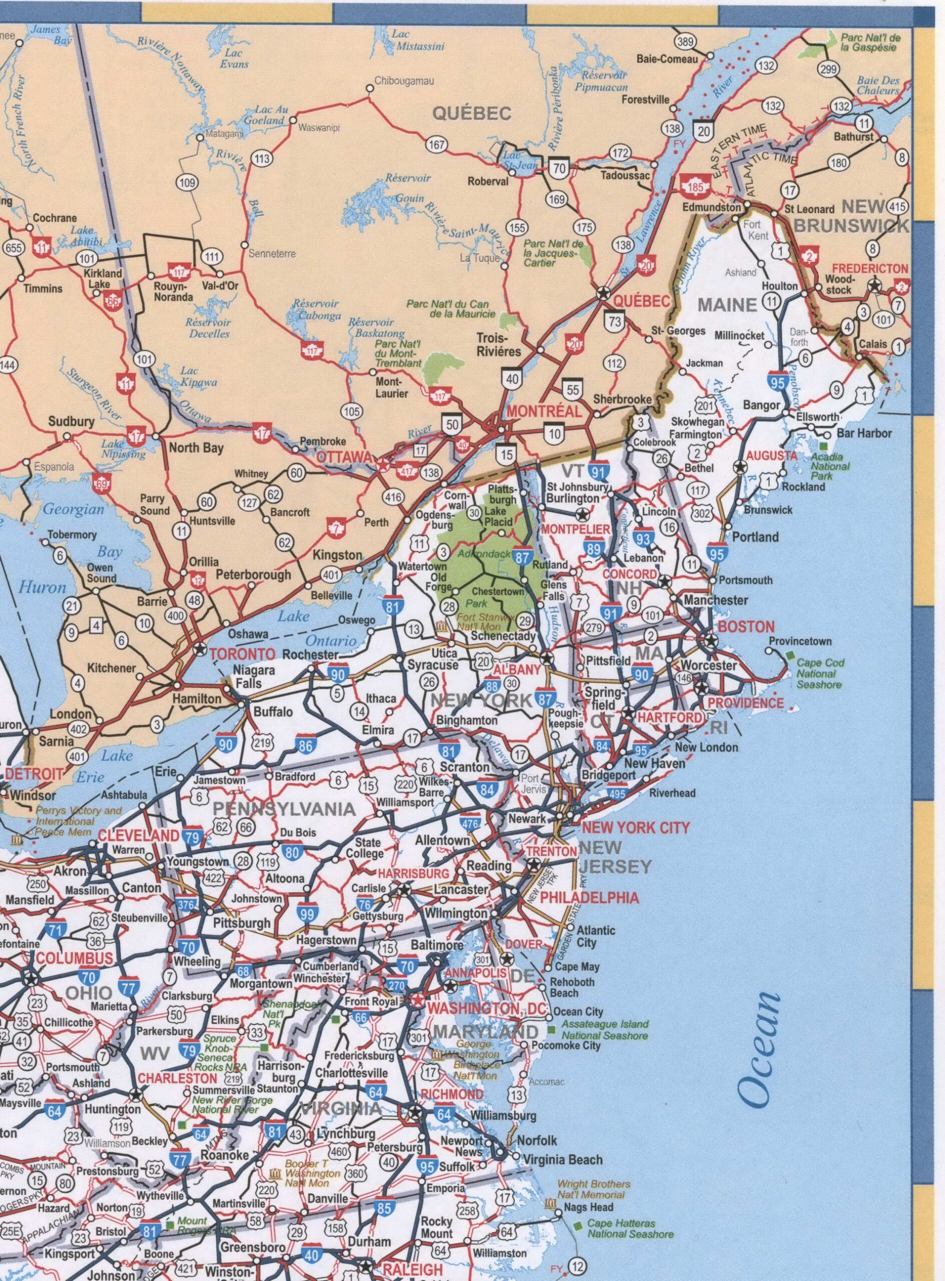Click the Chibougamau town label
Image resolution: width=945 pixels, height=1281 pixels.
[x=404, y=81]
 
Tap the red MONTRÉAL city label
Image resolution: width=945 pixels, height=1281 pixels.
[x=544, y=411]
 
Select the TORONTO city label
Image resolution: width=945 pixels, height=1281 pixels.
[x=243, y=653]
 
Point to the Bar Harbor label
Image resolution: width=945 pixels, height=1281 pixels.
[x=864, y=433]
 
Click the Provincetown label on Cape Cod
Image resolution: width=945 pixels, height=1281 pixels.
[x=800, y=641]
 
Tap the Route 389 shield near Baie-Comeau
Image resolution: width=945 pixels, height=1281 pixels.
[x=686, y=41]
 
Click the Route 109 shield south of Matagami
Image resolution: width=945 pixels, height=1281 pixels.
[x=188, y=184]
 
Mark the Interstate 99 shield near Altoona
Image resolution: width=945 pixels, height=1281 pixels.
[x=308, y=914]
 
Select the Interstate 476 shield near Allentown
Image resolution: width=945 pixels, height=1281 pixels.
[x=470, y=822]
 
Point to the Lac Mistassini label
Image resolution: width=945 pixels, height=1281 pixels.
[x=409, y=40]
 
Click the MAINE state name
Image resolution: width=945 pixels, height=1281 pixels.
[x=726, y=305]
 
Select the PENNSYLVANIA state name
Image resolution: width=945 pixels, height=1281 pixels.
[x=284, y=809]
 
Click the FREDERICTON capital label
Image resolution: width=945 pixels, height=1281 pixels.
[x=869, y=268]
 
